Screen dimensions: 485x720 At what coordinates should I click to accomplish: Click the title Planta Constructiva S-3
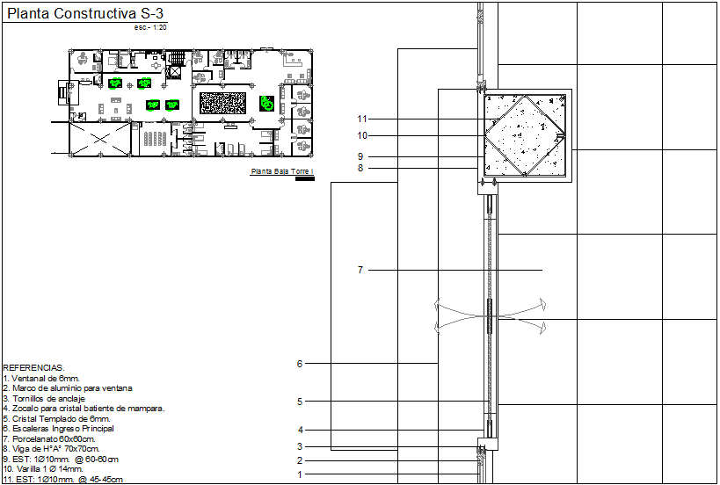point(84,14)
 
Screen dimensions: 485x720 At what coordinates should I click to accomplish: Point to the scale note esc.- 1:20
point(150,28)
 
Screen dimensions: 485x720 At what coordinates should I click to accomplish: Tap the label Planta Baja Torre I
point(282,172)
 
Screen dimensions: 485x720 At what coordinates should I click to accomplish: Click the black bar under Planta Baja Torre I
point(304,179)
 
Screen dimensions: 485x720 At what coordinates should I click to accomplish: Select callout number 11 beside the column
point(362,119)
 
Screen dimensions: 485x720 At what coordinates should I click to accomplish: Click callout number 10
point(362,136)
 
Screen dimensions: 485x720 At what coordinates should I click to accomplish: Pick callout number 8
point(360,168)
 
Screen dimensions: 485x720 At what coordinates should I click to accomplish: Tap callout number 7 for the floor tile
point(360,271)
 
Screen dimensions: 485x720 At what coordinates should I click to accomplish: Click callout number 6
point(300,364)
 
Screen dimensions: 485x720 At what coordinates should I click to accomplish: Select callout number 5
point(300,402)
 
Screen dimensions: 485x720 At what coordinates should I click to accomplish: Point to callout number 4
point(300,430)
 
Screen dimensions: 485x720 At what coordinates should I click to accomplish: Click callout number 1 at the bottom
point(300,474)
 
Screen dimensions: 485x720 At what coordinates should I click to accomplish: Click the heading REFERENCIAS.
point(33,368)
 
